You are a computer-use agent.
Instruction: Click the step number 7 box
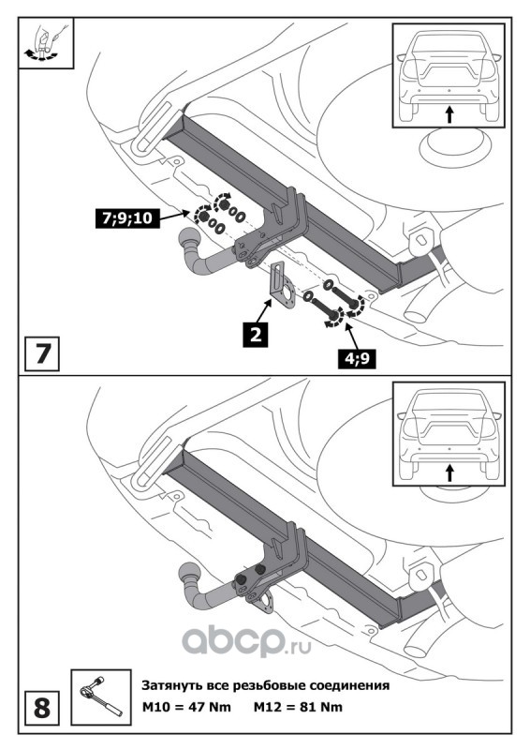[x=42, y=353]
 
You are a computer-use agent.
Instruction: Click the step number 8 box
[x=42, y=708]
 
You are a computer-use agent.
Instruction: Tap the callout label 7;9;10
[x=127, y=218]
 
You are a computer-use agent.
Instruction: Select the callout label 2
[x=256, y=334]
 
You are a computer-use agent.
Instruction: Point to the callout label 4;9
[x=357, y=359]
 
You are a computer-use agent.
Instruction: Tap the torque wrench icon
[x=101, y=697]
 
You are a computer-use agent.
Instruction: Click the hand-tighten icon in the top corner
[x=46, y=43]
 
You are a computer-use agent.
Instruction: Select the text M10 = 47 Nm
[x=187, y=707]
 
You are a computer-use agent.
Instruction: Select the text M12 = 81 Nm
[x=298, y=707]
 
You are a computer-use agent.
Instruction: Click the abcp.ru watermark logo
[x=246, y=642]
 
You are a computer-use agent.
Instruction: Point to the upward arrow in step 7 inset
[x=449, y=114]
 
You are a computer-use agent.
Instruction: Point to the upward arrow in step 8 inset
[x=449, y=472]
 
